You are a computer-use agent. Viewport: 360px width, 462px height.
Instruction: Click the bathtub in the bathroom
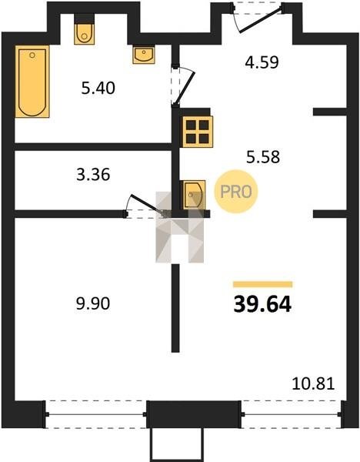pos(32,82)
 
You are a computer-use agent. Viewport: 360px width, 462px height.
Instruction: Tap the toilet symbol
pos(84,33)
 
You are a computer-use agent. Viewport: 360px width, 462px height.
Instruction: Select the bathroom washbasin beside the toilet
pos(144,55)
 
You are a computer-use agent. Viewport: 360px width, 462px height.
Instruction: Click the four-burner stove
pos(198,132)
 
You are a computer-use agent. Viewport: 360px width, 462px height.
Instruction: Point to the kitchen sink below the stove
pos(194,195)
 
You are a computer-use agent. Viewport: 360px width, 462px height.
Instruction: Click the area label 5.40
pos(98,88)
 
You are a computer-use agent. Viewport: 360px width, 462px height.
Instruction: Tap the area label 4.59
pos(262,62)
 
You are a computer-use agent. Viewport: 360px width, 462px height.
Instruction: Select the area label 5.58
pos(263,157)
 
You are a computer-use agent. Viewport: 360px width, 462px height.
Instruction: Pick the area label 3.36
pos(93,175)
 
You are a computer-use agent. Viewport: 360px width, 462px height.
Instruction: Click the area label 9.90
pos(93,303)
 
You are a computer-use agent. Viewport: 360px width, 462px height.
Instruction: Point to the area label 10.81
pos(313,384)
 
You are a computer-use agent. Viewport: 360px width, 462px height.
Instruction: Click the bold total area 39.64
pos(262,304)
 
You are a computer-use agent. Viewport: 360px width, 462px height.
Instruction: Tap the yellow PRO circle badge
pos(236,192)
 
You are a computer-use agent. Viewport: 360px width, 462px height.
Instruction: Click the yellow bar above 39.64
pos(263,284)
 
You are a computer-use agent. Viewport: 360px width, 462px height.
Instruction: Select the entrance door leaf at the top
pos(260,20)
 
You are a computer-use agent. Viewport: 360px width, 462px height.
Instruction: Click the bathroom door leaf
pos(185,88)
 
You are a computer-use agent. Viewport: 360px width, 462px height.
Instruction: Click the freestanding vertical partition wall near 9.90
pos(175,308)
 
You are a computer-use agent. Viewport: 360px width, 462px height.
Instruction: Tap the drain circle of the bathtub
pos(32,55)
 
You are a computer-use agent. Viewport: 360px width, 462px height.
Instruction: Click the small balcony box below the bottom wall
pos(177,444)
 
